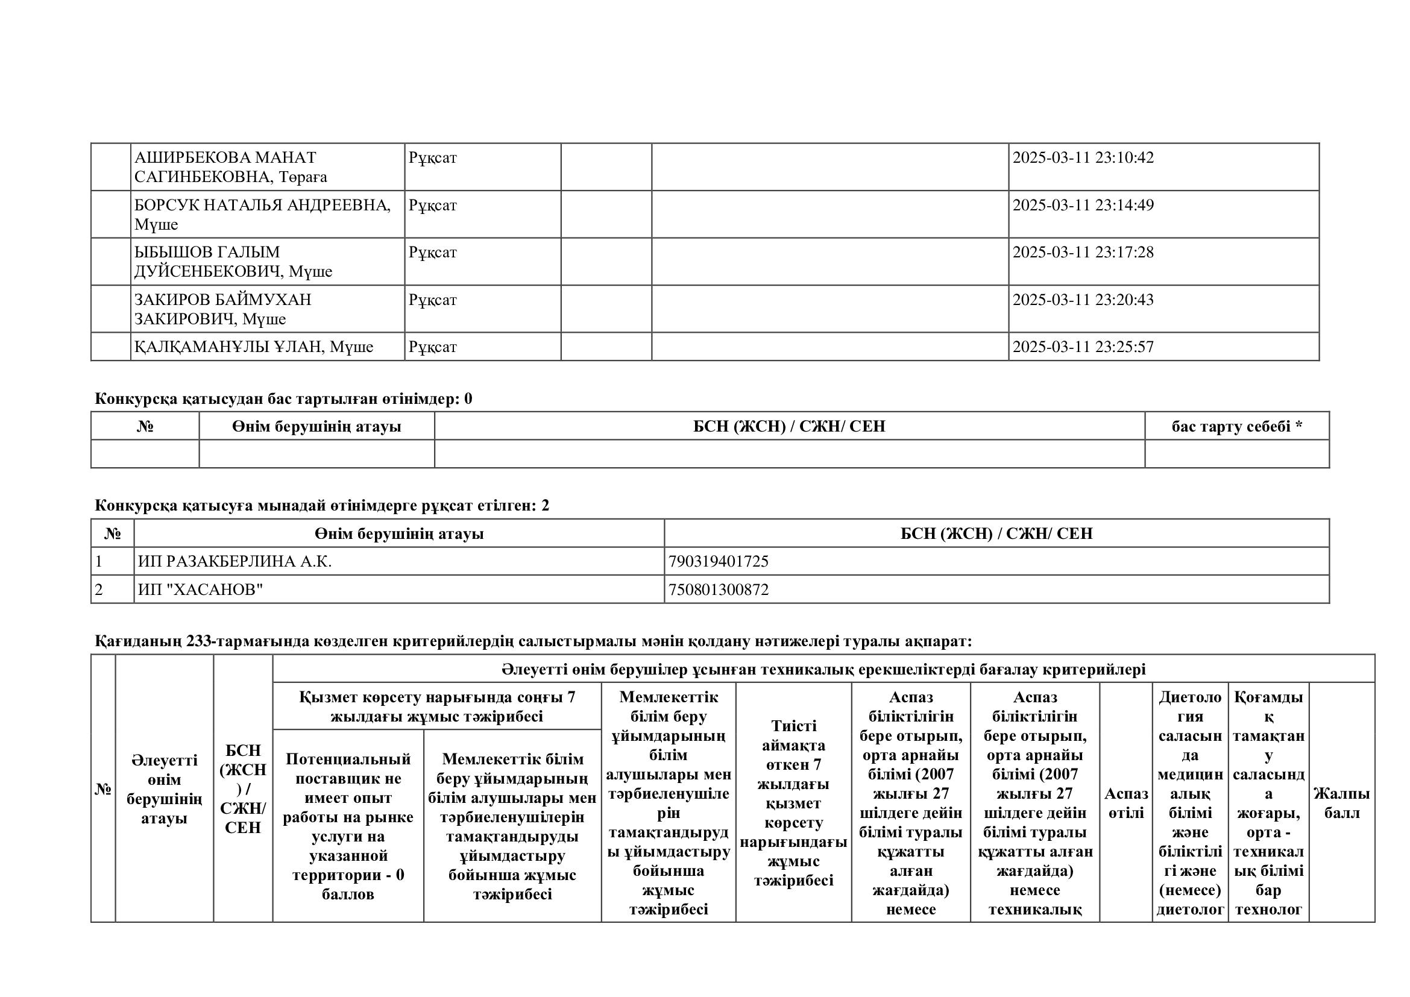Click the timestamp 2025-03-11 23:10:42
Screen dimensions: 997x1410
(1083, 158)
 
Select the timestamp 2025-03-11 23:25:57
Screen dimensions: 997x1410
(1083, 347)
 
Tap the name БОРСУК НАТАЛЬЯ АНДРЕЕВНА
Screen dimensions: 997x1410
(262, 205)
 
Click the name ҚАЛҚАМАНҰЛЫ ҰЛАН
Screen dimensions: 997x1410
(228, 347)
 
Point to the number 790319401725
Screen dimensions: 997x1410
(718, 561)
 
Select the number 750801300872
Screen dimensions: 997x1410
(718, 590)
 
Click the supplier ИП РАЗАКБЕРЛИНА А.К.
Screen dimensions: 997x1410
(234, 561)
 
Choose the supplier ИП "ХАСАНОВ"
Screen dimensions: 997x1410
(200, 590)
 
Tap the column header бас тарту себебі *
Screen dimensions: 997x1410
(1236, 426)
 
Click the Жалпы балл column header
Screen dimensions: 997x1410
(1341, 802)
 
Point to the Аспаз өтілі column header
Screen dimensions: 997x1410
(1125, 802)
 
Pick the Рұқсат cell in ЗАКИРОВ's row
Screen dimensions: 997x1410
(432, 300)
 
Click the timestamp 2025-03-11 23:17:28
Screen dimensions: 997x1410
(1083, 253)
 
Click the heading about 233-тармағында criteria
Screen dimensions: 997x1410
(533, 641)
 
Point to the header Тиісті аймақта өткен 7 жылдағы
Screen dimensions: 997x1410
(793, 802)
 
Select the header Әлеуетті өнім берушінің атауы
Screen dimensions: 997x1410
(164, 789)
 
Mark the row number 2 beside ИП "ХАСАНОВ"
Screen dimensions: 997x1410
(99, 590)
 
